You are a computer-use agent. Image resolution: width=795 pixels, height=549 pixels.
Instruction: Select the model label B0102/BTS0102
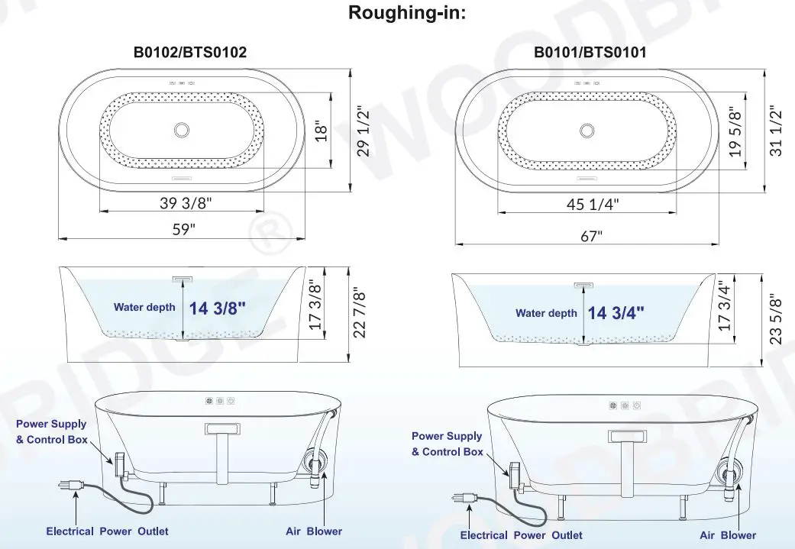pyautogui.click(x=190, y=52)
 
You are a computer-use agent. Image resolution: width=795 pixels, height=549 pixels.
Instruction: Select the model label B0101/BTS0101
pyautogui.click(x=590, y=52)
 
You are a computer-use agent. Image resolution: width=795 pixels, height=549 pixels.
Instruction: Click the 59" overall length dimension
pyautogui.click(x=183, y=229)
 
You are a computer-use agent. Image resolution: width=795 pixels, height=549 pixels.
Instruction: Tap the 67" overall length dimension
pyautogui.click(x=591, y=236)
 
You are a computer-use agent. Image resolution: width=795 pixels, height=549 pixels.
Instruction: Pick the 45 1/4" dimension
pyautogui.click(x=593, y=204)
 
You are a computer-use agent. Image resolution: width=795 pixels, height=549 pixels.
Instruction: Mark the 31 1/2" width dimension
pyautogui.click(x=778, y=131)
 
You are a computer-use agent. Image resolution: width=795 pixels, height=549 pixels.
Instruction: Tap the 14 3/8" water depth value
pyautogui.click(x=218, y=308)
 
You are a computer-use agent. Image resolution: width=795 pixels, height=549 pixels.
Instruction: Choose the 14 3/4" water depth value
pyautogui.click(x=616, y=312)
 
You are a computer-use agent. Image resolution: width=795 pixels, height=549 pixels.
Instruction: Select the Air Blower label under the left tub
pyautogui.click(x=314, y=531)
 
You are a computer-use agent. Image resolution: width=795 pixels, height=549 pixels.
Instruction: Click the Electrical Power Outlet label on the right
pyautogui.click(x=521, y=535)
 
